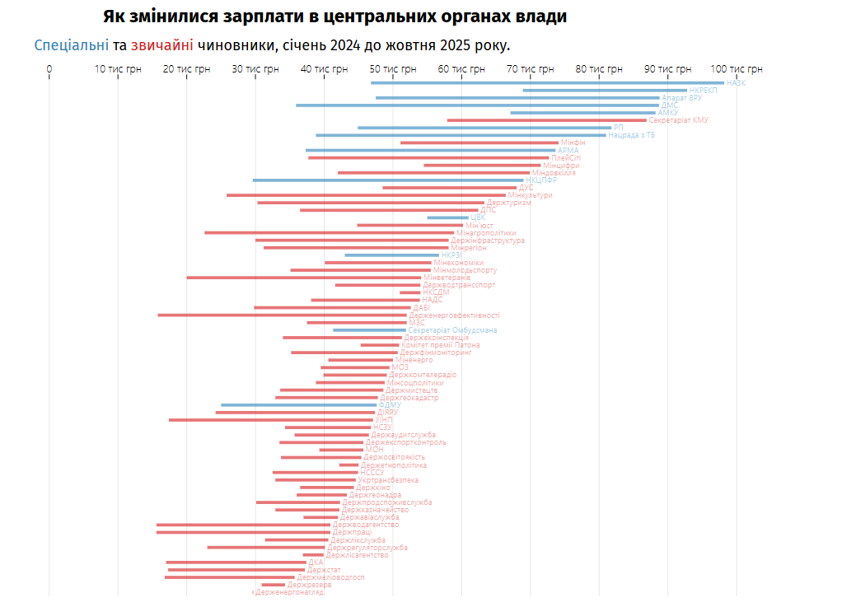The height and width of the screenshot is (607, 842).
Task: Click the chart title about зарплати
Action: click(x=335, y=16)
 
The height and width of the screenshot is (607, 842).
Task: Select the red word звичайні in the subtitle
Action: click(x=161, y=44)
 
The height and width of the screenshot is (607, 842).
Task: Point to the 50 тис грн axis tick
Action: click(x=393, y=69)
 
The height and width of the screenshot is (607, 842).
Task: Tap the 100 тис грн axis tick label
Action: click(x=737, y=69)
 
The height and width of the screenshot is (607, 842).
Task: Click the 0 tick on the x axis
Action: click(x=49, y=69)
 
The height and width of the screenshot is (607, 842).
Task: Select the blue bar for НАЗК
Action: click(x=547, y=82)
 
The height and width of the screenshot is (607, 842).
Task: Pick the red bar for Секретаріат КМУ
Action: click(x=547, y=120)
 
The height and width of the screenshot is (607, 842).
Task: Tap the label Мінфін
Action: click(x=573, y=142)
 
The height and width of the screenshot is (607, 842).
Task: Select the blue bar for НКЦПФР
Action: click(x=387, y=180)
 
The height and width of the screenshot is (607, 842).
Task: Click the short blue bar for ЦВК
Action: click(x=447, y=217)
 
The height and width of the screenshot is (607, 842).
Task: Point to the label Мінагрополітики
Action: click(x=486, y=233)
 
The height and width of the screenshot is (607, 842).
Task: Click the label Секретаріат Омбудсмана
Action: click(x=452, y=330)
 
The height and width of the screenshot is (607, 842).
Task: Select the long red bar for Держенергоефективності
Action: click(x=282, y=315)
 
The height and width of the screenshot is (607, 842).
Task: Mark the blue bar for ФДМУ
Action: click(x=298, y=405)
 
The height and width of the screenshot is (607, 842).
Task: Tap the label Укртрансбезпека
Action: click(x=388, y=480)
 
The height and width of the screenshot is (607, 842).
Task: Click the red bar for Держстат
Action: click(x=236, y=570)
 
